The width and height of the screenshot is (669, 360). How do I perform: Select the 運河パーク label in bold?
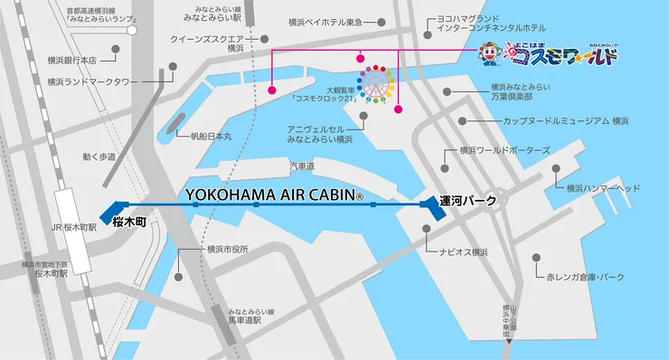[467, 201]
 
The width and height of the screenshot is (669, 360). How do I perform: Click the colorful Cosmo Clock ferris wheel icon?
[377, 83]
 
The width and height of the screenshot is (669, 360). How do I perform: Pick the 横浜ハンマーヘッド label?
[603, 188]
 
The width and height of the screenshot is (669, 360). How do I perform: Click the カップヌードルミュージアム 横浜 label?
[566, 120]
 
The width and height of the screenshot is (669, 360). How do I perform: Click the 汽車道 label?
[301, 166]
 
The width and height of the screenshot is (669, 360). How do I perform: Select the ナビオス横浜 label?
[463, 252]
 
